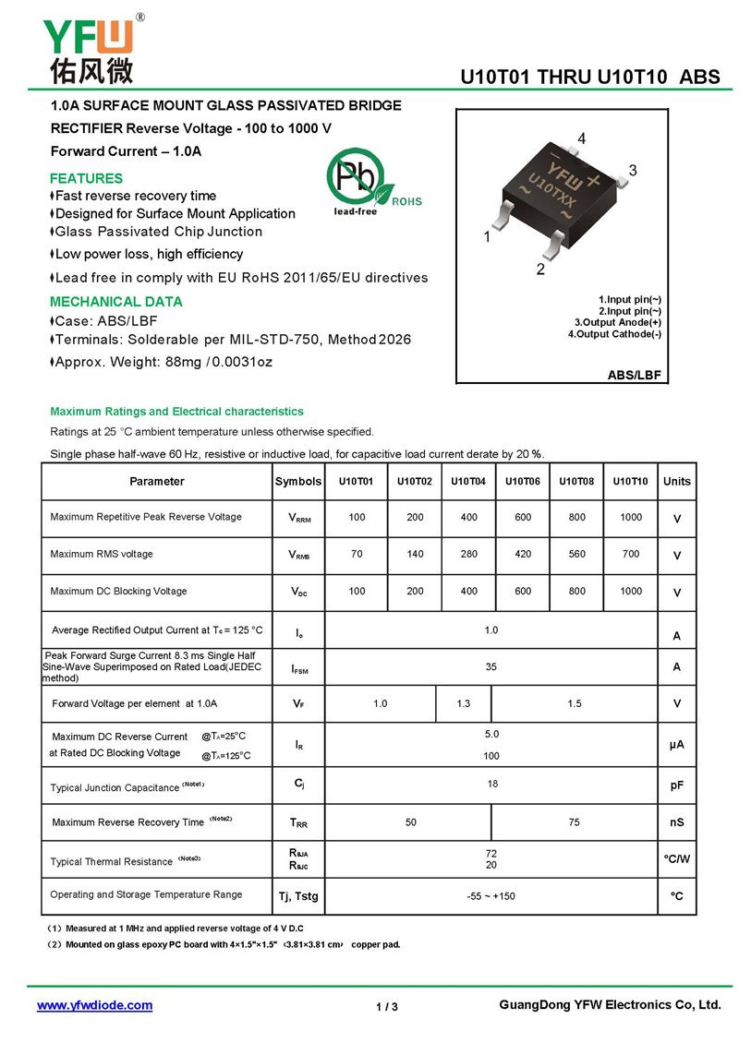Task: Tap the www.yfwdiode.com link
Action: point(94,1005)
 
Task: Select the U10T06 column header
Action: point(523,481)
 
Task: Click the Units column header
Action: point(676,481)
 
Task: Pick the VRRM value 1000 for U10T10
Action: point(631,517)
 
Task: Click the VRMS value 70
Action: point(357,555)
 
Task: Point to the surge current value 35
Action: point(491,665)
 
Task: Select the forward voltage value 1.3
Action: point(463,704)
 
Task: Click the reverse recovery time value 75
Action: point(575,822)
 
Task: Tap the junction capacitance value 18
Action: point(491,783)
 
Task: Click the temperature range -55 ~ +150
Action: point(491,896)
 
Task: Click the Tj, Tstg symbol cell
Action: point(298,896)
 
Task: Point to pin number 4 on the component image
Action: point(581,138)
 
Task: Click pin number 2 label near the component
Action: point(540,270)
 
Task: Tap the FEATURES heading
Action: point(86,178)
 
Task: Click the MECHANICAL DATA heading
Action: point(115,302)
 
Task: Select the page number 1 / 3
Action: point(387,1006)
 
